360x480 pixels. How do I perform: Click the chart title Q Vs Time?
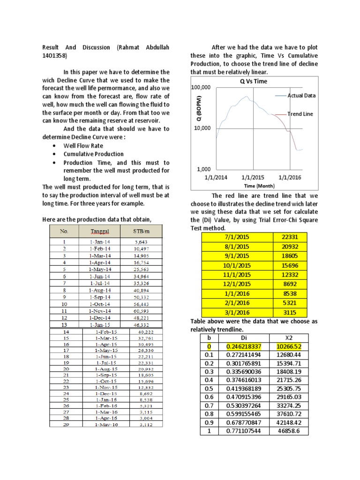[x=253, y=81]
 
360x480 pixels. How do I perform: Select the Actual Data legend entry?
[x=301, y=96]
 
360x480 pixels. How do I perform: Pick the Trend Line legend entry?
[x=300, y=114]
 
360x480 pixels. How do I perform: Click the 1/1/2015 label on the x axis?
[x=253, y=178]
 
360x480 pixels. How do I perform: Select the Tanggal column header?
[x=100, y=231]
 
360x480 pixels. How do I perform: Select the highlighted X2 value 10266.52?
[x=289, y=346]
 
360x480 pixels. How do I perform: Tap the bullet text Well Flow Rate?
[x=83, y=146]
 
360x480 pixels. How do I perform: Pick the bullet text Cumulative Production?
[x=94, y=154]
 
